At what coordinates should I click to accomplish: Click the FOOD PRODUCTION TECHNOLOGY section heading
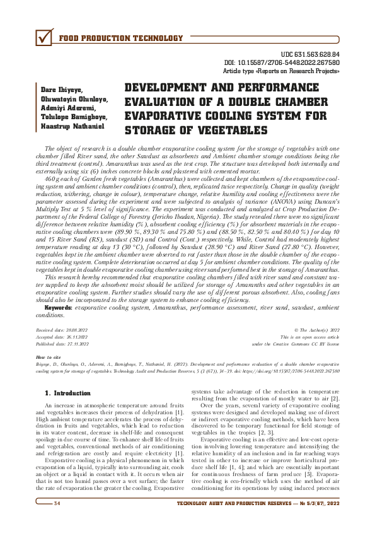[x=120, y=38]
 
